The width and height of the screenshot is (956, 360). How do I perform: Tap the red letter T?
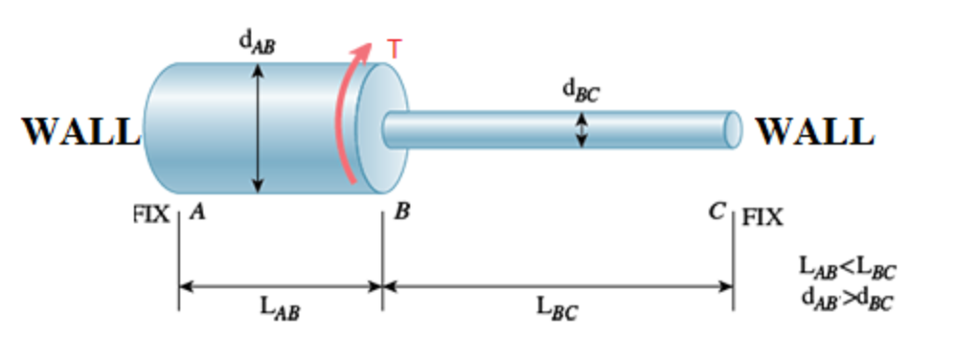pos(394,48)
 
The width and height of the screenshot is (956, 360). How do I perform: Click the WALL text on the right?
pos(815,131)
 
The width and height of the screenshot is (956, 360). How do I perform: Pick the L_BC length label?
pos(558,308)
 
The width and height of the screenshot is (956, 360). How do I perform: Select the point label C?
pos(717,213)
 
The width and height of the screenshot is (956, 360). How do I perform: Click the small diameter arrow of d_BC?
pos(580,129)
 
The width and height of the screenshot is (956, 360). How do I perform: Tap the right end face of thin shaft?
pos(733,129)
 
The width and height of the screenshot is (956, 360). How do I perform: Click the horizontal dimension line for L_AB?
pos(281,284)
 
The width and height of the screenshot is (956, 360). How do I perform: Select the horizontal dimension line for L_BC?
pos(558,284)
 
